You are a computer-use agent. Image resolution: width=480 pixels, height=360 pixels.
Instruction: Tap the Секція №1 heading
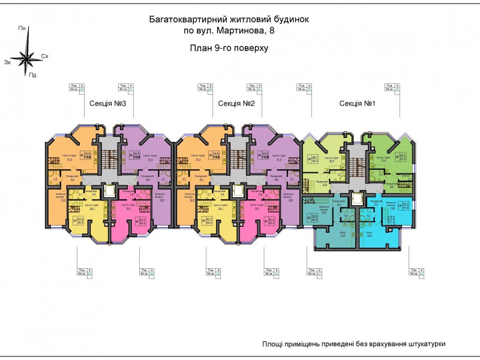pos(357,104)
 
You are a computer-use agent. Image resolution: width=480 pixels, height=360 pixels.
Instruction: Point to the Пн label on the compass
pos(22,28)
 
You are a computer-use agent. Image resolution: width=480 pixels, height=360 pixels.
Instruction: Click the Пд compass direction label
pos(32,75)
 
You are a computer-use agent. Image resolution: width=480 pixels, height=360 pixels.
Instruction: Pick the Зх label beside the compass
pos(7,62)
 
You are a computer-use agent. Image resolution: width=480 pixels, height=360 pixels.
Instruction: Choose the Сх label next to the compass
pos(44,56)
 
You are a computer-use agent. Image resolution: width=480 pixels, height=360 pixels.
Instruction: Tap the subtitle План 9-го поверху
pos(229,47)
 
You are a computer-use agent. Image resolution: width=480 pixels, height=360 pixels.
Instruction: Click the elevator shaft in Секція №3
pos(109,190)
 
